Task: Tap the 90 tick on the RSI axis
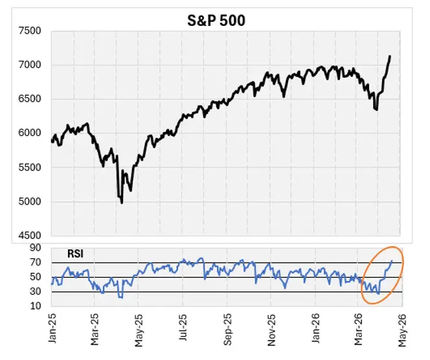pos(36,248)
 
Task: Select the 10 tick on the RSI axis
pos(36,307)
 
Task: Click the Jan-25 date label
pos(52,330)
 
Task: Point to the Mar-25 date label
pos(96,330)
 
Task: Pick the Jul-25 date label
pos(183,330)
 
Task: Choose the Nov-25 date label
pos(271,330)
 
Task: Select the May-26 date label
pos(401,330)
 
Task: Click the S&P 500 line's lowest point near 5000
pos(122,203)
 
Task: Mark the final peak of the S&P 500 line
pos(390,56)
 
